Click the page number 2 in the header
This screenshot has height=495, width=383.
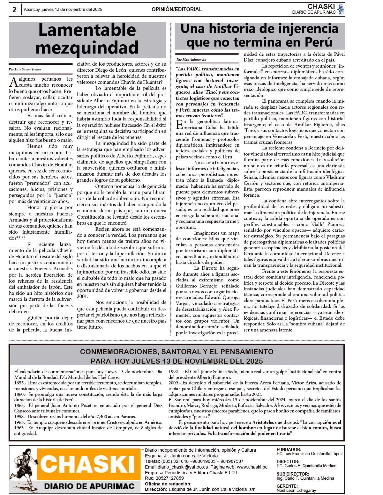point(14,10)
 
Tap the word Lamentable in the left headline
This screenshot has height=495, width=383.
point(87,30)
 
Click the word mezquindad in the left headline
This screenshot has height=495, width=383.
point(87,47)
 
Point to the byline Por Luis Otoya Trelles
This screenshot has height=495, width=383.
point(25,69)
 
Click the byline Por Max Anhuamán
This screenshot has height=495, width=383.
point(191,60)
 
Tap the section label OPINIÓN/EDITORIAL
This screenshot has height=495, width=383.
point(177,10)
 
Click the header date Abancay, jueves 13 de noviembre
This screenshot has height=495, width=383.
point(63,10)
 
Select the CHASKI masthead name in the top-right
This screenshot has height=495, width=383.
point(321,6)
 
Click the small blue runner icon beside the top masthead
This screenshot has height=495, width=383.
point(341,9)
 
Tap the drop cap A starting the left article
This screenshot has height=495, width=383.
point(14,82)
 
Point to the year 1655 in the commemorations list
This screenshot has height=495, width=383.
point(19,383)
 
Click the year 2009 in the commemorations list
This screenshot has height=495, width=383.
point(174,383)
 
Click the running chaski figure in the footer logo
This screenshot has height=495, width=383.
point(23,469)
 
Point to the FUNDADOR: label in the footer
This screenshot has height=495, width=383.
point(289,449)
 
